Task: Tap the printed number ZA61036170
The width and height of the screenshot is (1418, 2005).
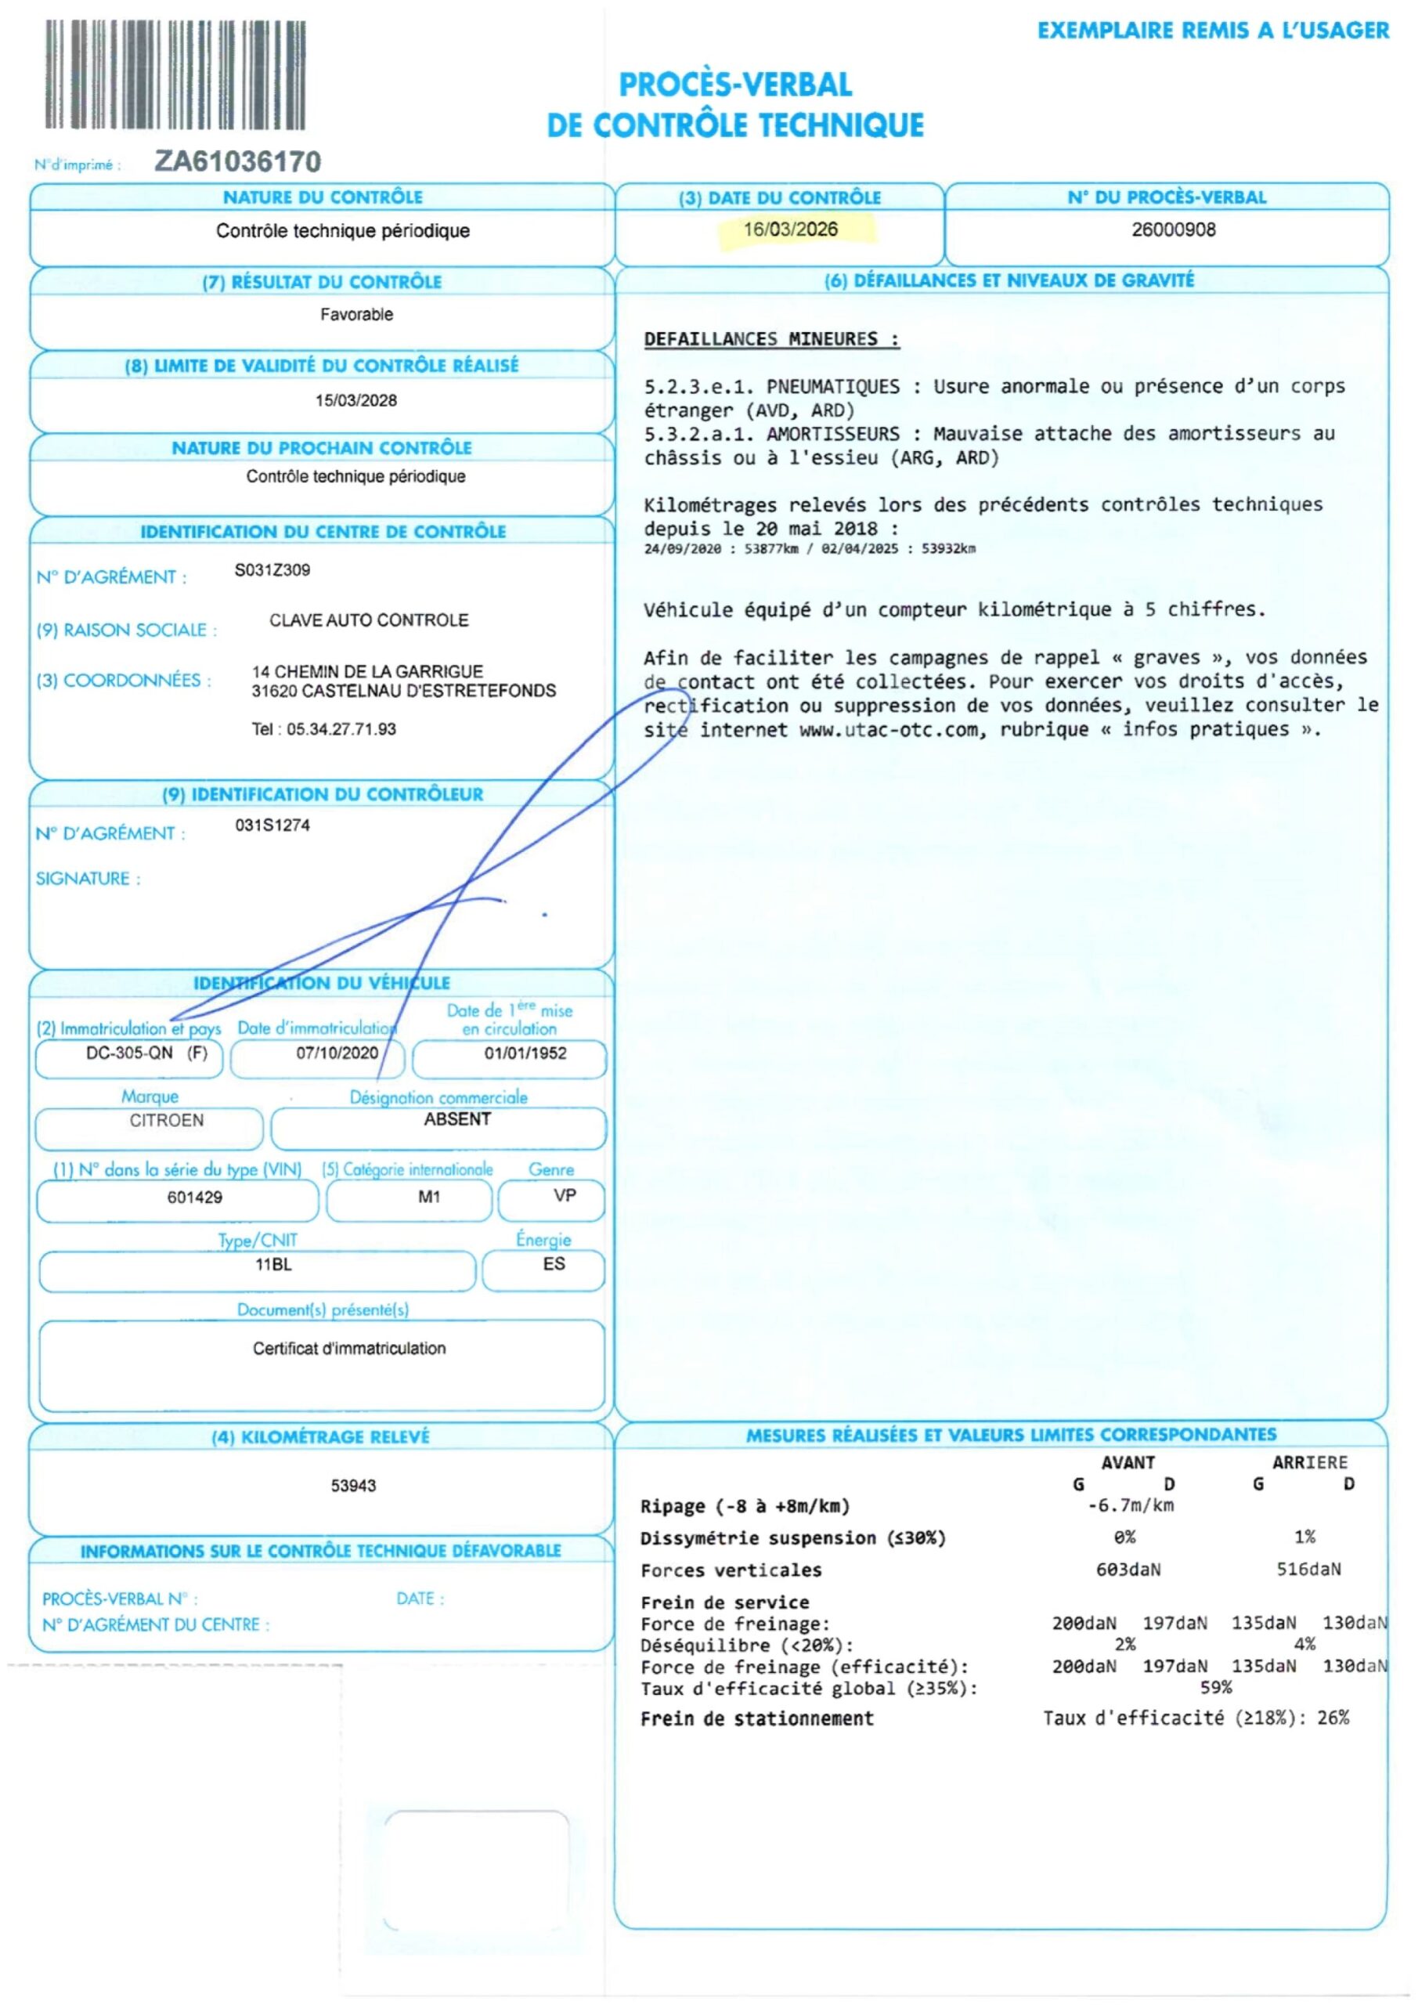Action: click(x=237, y=161)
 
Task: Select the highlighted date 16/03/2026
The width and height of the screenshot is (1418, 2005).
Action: click(x=790, y=229)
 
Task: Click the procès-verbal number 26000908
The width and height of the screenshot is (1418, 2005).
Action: click(x=1173, y=229)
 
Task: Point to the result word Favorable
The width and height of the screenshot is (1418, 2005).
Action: click(x=356, y=314)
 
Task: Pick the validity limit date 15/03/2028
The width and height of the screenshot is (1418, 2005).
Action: click(x=356, y=401)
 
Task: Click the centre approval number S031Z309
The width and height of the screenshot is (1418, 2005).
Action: click(x=272, y=570)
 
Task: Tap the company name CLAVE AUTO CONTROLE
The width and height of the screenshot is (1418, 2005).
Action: click(x=369, y=620)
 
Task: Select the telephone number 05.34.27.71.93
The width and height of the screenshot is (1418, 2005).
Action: click(x=341, y=729)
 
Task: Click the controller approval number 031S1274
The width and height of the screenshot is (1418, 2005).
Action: click(x=272, y=825)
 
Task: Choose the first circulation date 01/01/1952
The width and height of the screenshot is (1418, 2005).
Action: click(x=525, y=1053)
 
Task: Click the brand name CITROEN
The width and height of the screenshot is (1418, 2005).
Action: click(x=167, y=1121)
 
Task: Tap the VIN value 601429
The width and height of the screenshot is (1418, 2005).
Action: click(x=195, y=1198)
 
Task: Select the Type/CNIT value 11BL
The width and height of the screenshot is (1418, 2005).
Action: click(x=273, y=1264)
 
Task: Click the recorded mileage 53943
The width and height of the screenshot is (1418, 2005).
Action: click(x=354, y=1486)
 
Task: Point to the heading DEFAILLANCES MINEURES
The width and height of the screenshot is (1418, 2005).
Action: click(x=771, y=340)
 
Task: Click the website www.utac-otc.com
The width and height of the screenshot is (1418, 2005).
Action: click(x=889, y=730)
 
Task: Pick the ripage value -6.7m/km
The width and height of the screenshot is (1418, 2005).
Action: click(x=1131, y=1505)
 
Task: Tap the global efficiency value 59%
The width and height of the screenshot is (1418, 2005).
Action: click(x=1215, y=1687)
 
